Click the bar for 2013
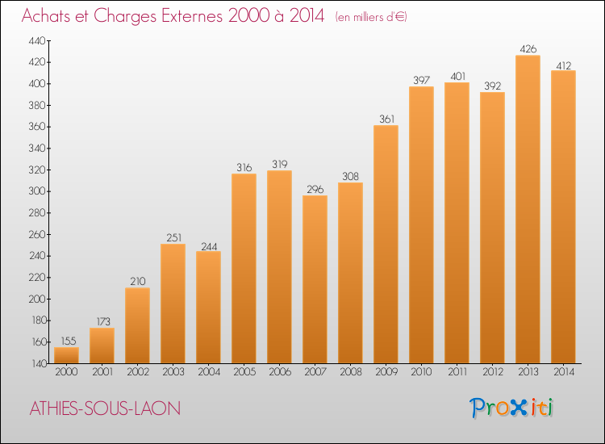tap(528, 209)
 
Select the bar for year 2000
tap(66, 355)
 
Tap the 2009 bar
tap(386, 245)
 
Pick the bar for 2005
tap(244, 268)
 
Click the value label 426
tap(528, 49)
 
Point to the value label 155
tap(69, 341)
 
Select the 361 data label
tap(386, 119)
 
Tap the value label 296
tap(315, 189)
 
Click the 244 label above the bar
tap(209, 246)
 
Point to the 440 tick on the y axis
tap(37, 41)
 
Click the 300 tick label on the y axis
tap(37, 191)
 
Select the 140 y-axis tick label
tap(38, 364)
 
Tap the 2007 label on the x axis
tap(315, 372)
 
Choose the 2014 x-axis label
tap(564, 372)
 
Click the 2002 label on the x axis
tap(138, 372)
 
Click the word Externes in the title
tap(192, 16)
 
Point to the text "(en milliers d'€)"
tap(371, 17)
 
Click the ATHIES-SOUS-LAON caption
tap(106, 408)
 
